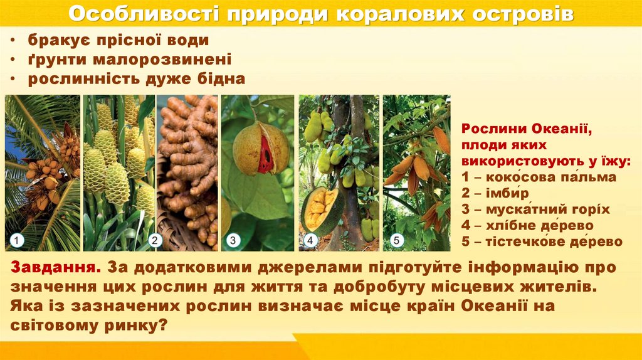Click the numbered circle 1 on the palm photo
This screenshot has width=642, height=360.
pyautogui.click(x=17, y=240)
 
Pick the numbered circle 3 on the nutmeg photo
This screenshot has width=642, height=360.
pyautogui.click(x=232, y=240)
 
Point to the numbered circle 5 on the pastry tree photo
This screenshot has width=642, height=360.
pyautogui.click(x=396, y=240)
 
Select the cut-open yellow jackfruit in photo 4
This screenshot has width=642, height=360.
pyautogui.click(x=322, y=211)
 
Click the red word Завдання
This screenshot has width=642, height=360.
pyautogui.click(x=53, y=267)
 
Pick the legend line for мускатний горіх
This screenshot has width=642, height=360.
pyautogui.click(x=535, y=209)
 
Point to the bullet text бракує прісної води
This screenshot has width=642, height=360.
pyautogui.click(x=118, y=41)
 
